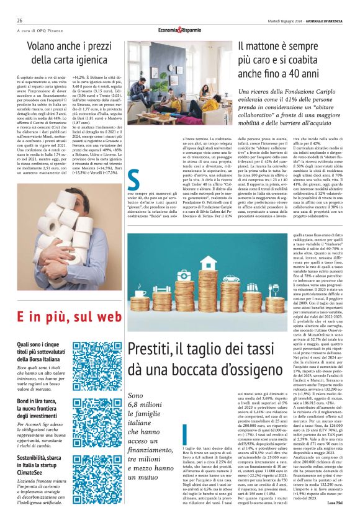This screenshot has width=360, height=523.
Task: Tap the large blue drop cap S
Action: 133,181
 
